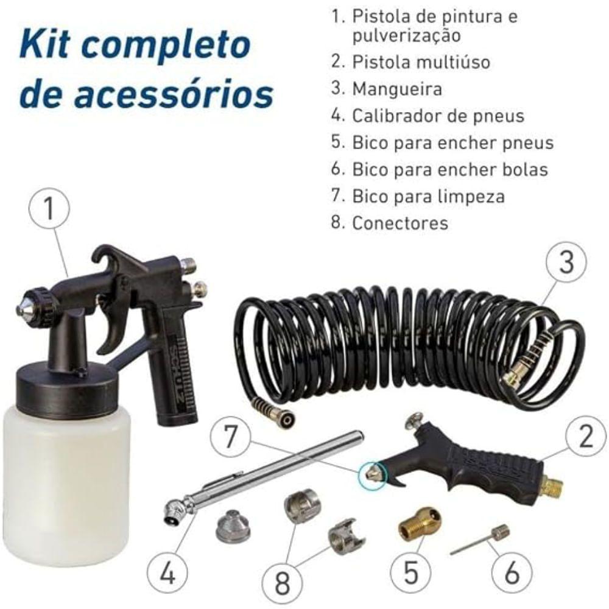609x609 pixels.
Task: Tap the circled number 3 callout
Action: [x=566, y=262]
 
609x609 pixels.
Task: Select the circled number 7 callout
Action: [x=231, y=436]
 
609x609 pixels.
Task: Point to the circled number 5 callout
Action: [x=410, y=572]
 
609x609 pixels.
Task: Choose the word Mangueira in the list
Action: [x=397, y=89]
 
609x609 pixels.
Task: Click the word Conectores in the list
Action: [x=400, y=223]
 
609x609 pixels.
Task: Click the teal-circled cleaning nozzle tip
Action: [x=371, y=473]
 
